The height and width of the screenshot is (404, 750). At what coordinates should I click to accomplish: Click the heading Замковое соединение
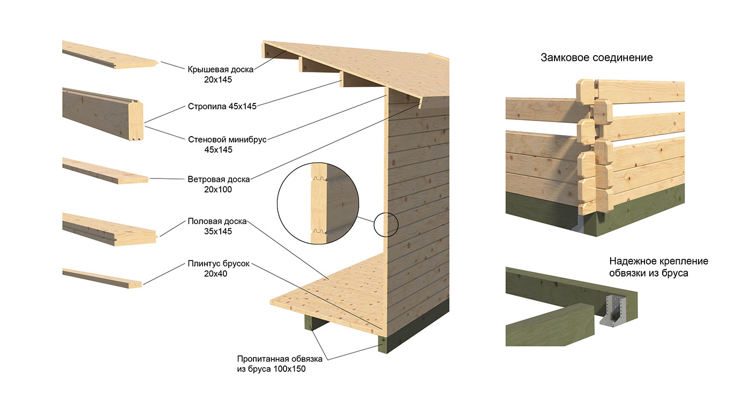(597, 57)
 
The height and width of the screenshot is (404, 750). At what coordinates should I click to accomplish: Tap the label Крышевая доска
(220, 69)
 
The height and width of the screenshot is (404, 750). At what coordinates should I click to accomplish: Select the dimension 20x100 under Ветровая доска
(217, 189)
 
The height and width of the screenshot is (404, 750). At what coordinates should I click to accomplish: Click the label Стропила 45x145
(222, 106)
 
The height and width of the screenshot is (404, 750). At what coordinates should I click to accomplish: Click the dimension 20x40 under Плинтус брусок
(217, 273)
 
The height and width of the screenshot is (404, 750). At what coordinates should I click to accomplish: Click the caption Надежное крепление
(658, 261)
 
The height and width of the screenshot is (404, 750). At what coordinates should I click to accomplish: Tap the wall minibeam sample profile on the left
(102, 114)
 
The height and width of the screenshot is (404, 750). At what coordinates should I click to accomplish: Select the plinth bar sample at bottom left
(102, 278)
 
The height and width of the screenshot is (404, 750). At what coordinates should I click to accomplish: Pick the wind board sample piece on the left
(104, 171)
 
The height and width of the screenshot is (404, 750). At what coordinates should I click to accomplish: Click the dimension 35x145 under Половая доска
(217, 231)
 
